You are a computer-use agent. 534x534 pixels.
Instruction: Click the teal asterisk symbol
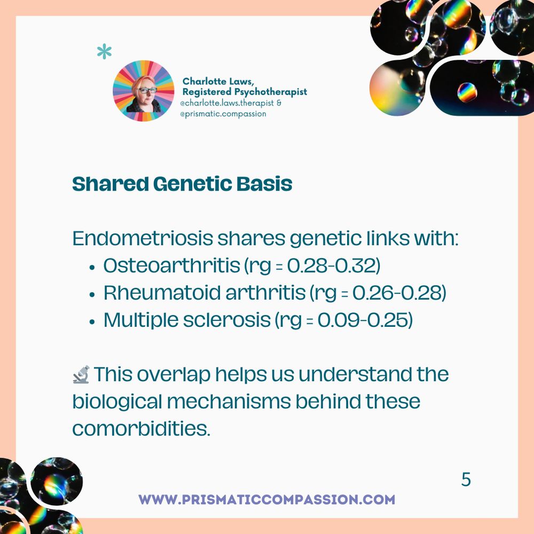[x=104, y=52]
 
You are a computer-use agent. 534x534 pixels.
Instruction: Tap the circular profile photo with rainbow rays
[x=143, y=91]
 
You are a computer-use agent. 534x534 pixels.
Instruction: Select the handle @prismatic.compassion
[x=223, y=114]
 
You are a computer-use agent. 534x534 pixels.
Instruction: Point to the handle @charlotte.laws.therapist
[x=227, y=103]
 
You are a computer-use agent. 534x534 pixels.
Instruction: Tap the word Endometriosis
[x=143, y=238]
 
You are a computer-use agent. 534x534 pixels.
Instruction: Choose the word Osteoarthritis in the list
[x=172, y=265]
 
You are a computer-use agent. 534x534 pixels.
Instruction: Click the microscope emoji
[x=81, y=375]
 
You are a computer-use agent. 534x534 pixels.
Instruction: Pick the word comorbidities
[x=142, y=428]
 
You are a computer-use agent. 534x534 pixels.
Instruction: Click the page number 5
[x=466, y=480]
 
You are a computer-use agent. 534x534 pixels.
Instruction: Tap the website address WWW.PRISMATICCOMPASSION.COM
[x=266, y=500]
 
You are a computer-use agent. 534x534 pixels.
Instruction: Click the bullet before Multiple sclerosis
[x=92, y=321]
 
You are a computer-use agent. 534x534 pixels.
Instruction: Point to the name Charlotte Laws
[x=218, y=81]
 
